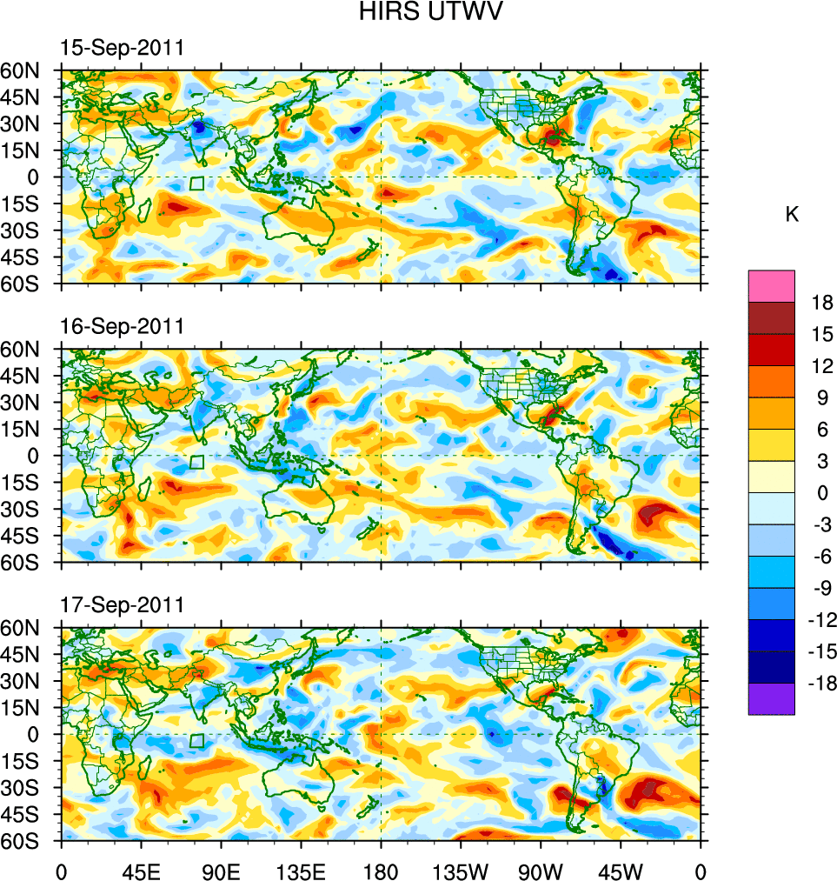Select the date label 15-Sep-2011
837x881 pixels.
122,49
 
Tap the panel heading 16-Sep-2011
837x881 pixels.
122,326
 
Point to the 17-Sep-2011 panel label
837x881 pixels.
122,604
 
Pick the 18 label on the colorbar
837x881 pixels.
822,303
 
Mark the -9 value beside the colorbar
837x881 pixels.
822,588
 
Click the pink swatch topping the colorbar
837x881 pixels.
771,285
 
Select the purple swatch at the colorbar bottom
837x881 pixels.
771,699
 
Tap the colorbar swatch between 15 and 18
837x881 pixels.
771,317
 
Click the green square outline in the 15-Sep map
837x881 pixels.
196,184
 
